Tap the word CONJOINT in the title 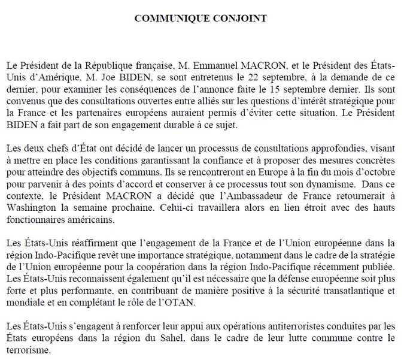(x=242, y=18)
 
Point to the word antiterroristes (x=259, y=326)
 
